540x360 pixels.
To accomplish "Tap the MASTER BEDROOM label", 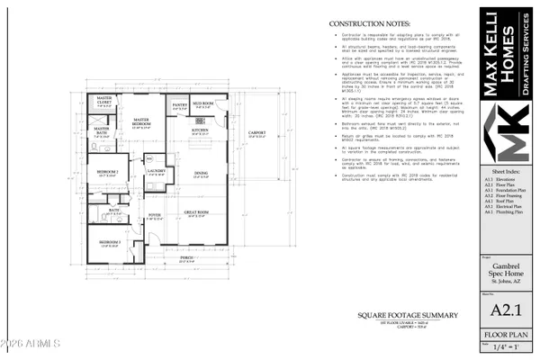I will pyautogui.click(x=140, y=121).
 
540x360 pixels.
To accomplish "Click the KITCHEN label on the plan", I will pyautogui.click(x=200, y=130).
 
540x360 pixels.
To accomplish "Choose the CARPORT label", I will pyautogui.click(x=256, y=134).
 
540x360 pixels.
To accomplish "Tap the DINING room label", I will pyautogui.click(x=202, y=174).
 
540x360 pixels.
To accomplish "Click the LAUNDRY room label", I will pyautogui.click(x=157, y=170).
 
